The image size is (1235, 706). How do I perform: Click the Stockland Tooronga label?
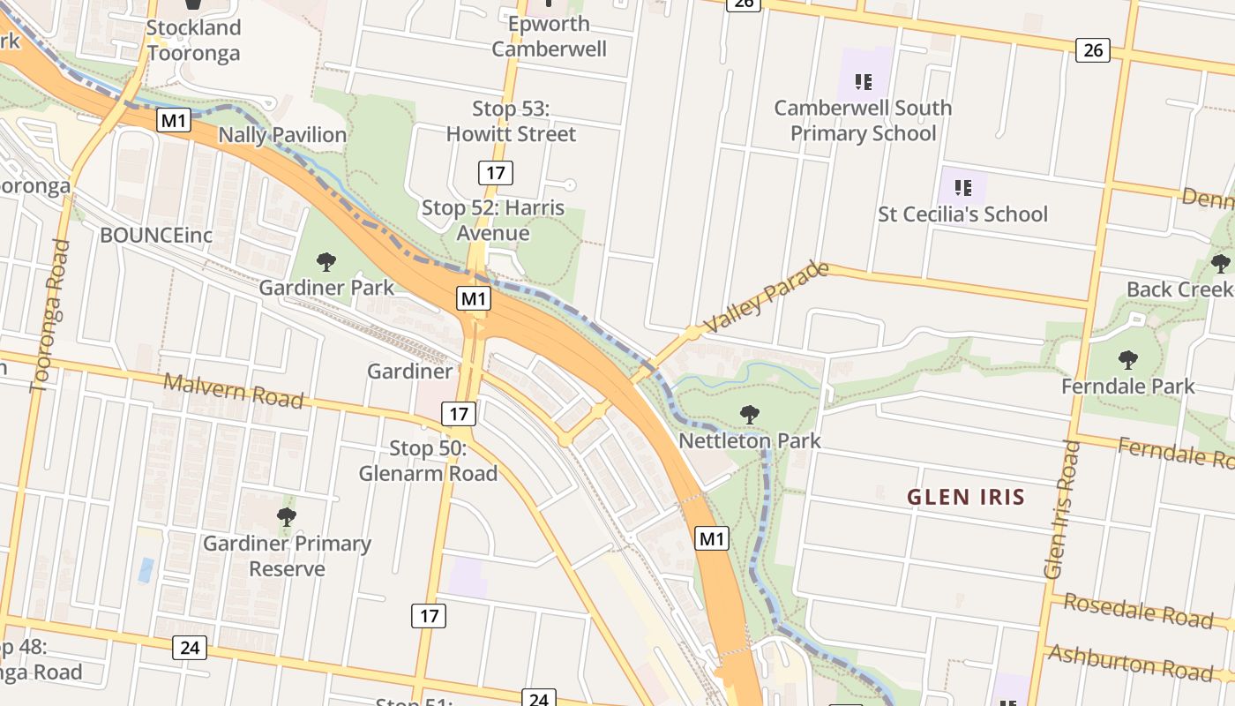(193, 41)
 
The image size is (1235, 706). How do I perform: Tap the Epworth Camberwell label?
(549, 36)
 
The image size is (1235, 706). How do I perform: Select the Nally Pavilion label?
(282, 135)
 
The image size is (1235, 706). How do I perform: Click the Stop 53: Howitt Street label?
(511, 121)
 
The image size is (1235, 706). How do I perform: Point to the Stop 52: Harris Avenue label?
(492, 221)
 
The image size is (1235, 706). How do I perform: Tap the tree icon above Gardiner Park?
(326, 261)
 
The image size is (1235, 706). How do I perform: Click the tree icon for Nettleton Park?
(749, 414)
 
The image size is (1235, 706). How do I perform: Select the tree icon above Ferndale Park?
(1127, 360)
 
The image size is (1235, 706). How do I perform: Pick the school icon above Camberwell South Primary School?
(863, 82)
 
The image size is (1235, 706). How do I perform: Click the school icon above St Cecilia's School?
(962, 187)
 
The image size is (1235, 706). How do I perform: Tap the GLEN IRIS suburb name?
(966, 497)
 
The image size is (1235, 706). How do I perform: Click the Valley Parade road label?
(768, 297)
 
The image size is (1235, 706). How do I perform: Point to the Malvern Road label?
(234, 391)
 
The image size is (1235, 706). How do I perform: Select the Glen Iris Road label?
(1062, 509)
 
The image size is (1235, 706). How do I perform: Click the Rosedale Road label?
(1138, 610)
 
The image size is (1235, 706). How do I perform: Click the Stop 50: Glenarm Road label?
(428, 461)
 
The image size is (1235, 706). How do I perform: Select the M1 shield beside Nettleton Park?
(712, 538)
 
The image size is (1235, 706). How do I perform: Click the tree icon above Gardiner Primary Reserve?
(286, 516)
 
